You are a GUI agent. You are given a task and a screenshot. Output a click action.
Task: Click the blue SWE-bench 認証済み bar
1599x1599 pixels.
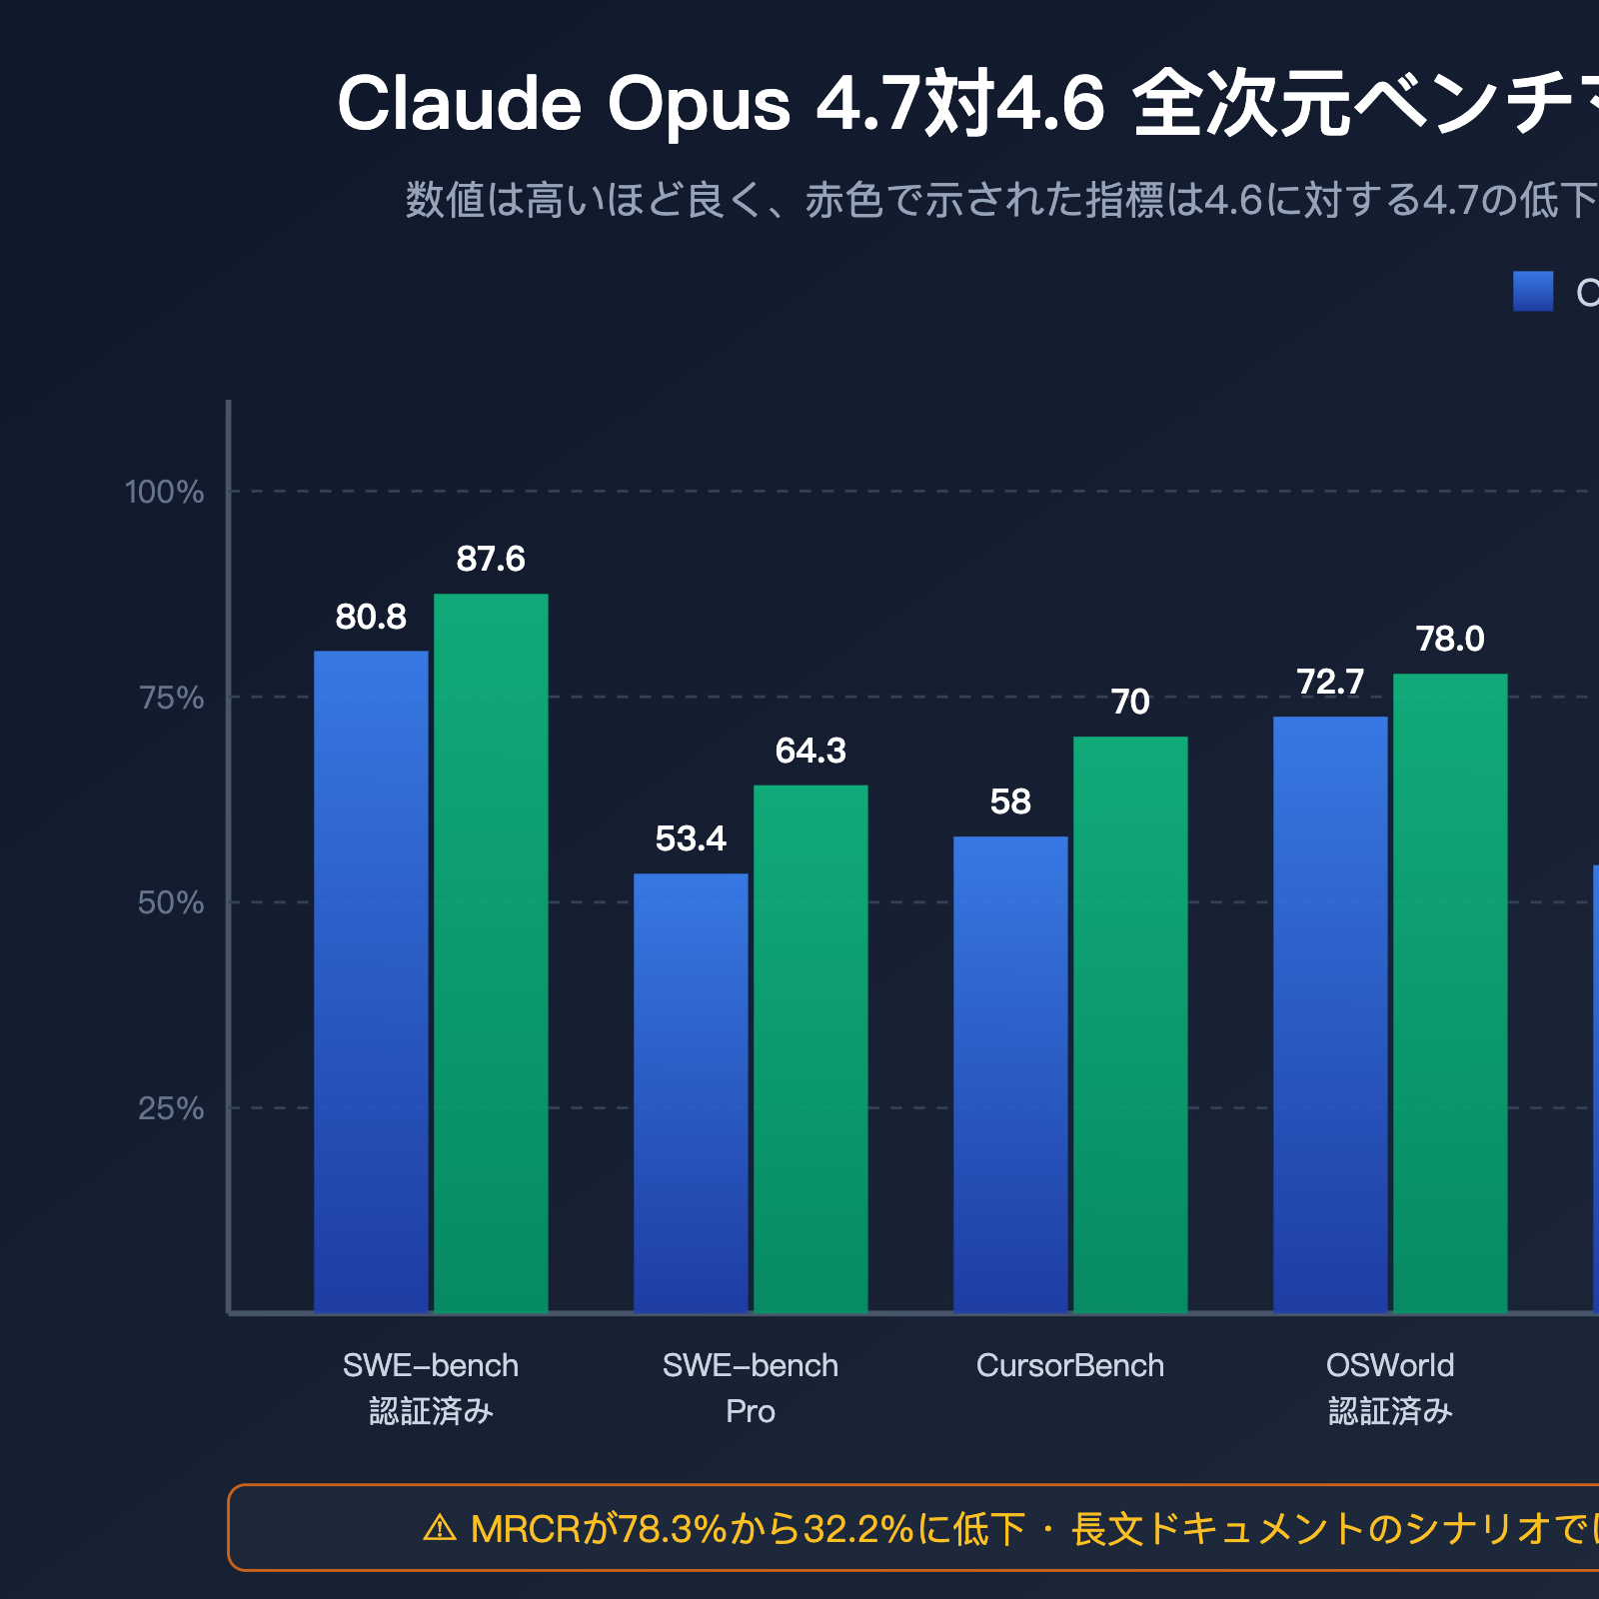[x=371, y=981]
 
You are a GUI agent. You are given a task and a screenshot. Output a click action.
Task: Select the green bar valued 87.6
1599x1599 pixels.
[x=491, y=952]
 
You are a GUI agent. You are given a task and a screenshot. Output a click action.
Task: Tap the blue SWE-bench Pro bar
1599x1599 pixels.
[x=691, y=1092]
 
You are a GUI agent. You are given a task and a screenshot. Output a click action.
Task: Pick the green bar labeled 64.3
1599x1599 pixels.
[x=810, y=1048]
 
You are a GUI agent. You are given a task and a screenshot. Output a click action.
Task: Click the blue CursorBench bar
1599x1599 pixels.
[x=1010, y=1074]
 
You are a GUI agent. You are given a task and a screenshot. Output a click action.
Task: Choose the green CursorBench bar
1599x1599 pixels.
[x=1130, y=1024]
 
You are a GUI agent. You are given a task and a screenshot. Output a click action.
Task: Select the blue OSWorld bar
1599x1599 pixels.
[x=1330, y=1014]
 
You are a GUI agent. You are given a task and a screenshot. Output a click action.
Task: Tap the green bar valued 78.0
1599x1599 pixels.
[x=1450, y=992]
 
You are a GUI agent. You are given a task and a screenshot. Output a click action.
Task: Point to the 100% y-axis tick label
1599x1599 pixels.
[x=164, y=492]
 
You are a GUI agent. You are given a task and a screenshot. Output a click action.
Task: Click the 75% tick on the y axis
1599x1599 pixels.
[x=171, y=698]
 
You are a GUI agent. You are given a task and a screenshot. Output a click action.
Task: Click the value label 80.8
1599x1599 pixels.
[x=371, y=618]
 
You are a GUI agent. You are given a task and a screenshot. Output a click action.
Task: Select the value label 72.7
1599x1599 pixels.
[x=1330, y=683]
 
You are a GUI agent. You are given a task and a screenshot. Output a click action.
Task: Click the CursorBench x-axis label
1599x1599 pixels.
[x=1069, y=1365]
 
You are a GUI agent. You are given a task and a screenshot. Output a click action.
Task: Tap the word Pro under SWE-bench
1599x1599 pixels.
[x=750, y=1411]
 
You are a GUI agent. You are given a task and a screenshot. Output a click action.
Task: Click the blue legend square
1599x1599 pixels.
[x=1533, y=291]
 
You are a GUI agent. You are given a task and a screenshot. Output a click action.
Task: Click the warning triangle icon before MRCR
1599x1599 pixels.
[x=440, y=1528]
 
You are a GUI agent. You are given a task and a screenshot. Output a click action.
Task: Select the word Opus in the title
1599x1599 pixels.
[x=699, y=104]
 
